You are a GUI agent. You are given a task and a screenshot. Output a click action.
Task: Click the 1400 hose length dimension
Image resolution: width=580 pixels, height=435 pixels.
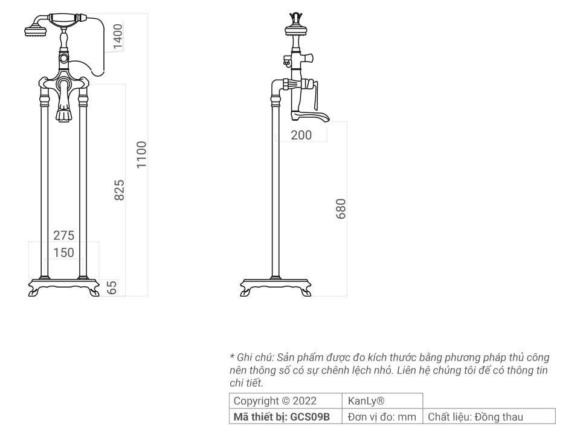[x=118, y=36]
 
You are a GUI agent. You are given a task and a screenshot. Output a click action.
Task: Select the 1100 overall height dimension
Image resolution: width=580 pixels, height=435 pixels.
[x=141, y=155]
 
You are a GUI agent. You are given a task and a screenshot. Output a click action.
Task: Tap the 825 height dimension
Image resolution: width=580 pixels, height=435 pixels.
[x=120, y=190]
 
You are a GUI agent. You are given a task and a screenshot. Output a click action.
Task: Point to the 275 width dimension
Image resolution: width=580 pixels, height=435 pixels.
[x=63, y=235]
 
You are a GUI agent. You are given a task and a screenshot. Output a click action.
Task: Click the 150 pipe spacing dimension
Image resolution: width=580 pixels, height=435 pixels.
[x=63, y=253]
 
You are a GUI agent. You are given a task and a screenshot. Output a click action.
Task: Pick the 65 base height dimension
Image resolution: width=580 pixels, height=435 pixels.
[x=112, y=288]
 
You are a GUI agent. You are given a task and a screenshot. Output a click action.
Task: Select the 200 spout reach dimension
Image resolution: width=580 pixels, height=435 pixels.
[x=301, y=135]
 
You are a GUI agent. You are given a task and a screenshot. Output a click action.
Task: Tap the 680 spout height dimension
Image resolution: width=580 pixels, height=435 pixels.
[x=341, y=208]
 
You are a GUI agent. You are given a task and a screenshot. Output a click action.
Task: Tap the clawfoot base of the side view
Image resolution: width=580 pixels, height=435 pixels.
[x=275, y=287]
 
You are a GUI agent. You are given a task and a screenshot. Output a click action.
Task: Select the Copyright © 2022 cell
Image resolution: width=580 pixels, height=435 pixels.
[x=274, y=401]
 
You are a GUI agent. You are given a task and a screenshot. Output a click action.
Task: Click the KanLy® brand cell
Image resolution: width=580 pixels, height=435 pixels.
[x=366, y=401]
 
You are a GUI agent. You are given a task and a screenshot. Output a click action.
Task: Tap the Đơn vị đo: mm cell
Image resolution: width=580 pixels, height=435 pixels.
[x=382, y=416]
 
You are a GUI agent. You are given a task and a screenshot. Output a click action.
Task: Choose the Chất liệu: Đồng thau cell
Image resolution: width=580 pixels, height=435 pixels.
[x=475, y=416]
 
